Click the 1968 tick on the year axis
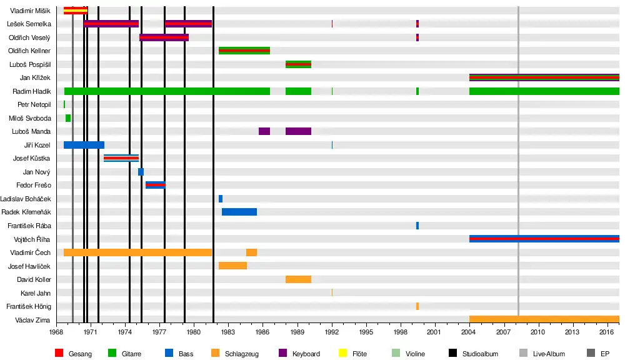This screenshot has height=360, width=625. pos(56,333)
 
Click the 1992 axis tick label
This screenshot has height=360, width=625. pos(331,333)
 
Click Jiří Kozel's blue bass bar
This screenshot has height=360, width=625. pos(84,145)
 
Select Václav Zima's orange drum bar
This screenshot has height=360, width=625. pos(544,319)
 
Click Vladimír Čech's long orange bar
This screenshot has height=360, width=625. pos(137,252)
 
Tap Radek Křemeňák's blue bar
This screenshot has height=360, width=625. pos(239,212)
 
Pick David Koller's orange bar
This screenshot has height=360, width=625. pos(298,279)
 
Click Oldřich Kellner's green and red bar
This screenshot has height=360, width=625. pos(244,51)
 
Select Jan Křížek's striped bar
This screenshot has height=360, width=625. pos(544,77)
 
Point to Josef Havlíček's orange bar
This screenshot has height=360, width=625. pos(232,266)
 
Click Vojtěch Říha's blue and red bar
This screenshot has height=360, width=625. pos(544,239)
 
